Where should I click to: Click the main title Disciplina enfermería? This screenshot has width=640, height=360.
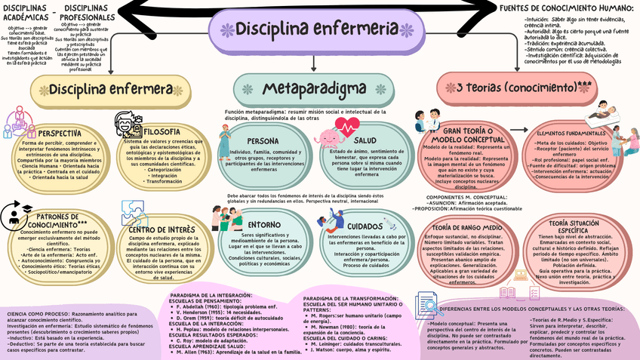pos(318,29)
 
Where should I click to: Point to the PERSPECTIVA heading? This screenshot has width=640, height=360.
pos(60,133)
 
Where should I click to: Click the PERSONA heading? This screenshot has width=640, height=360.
pos(263,140)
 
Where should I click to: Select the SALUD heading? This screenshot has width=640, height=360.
pos(365,140)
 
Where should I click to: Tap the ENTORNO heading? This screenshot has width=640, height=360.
pos(264,224)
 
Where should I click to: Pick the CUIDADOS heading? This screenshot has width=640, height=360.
pos(365,226)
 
